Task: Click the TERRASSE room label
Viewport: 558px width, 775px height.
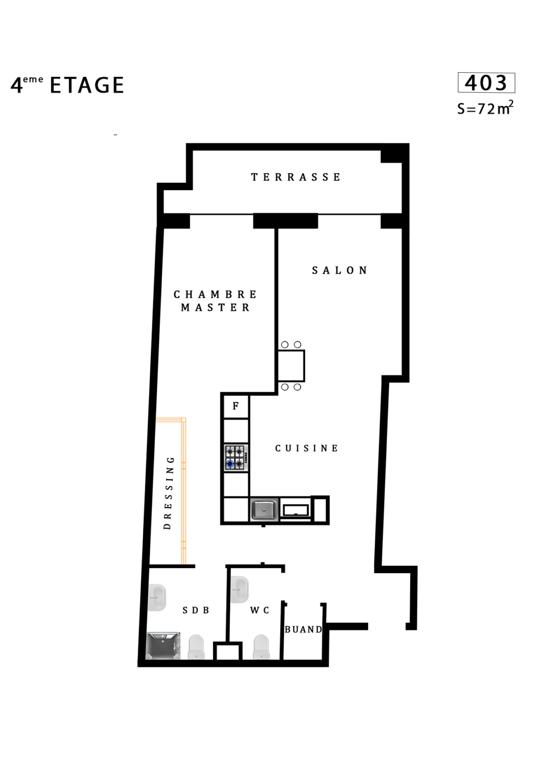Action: (x=296, y=177)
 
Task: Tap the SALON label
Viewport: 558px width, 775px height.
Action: (x=340, y=270)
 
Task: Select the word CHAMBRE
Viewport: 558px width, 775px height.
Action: (x=215, y=295)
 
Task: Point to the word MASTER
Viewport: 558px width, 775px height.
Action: (x=215, y=308)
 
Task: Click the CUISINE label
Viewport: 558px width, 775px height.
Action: (x=307, y=449)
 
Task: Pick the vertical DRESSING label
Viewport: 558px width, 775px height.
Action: (x=168, y=493)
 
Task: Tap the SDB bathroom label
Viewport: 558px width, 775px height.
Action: (x=196, y=611)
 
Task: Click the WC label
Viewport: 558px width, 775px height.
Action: (x=259, y=611)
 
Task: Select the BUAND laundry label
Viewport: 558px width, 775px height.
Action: (x=303, y=630)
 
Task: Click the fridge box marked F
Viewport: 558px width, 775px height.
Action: (x=236, y=406)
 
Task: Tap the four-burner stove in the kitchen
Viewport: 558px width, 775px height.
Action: (x=236, y=458)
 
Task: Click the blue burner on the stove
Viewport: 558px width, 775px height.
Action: (x=230, y=464)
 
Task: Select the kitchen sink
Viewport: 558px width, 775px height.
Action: (x=264, y=510)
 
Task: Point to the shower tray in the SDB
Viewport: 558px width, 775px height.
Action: (x=163, y=646)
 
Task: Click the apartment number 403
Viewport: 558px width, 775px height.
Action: (x=486, y=83)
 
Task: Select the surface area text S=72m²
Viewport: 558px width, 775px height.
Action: (x=485, y=108)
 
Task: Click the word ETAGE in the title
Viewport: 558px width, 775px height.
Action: (x=87, y=85)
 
